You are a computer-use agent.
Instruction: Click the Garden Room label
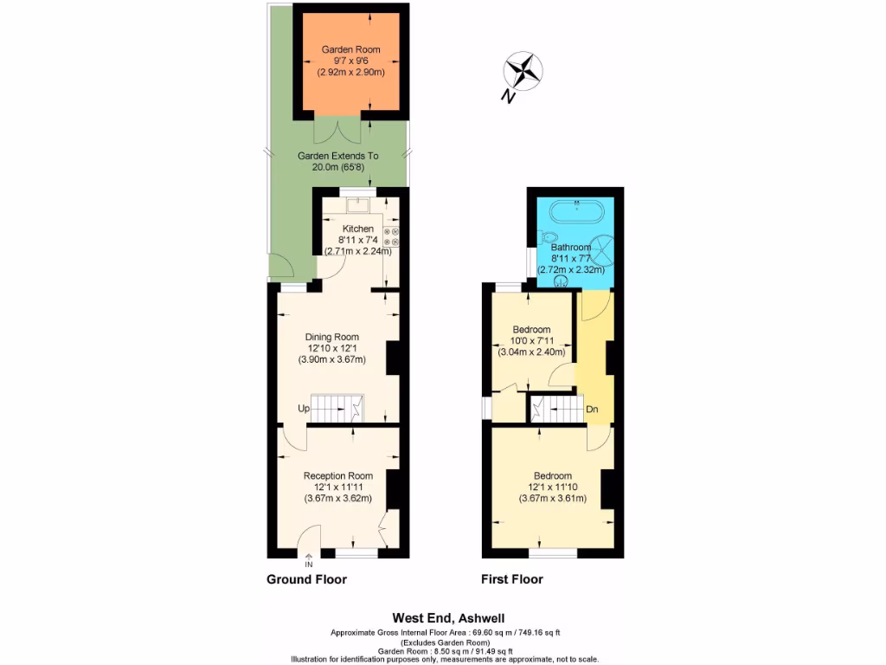[350, 50]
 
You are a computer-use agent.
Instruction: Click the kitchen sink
[357, 205]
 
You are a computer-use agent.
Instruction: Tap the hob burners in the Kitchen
[390, 239]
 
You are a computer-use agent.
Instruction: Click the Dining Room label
[331, 337]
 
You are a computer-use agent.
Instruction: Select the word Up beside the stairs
[303, 408]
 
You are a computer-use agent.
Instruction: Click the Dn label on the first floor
[593, 409]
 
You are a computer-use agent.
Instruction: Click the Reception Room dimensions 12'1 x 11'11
[337, 487]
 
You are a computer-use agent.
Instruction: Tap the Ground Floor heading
[306, 579]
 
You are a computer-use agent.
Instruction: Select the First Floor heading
[512, 579]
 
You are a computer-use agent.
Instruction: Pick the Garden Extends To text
[337, 156]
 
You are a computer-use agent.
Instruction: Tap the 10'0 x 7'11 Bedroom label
[531, 341]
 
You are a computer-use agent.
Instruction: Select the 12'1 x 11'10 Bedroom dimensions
[553, 487]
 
